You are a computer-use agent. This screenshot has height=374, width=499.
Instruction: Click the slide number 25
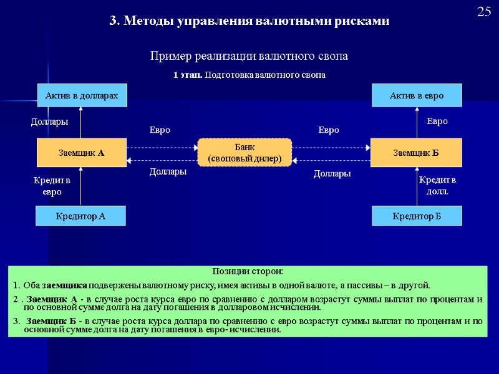coord(484,11)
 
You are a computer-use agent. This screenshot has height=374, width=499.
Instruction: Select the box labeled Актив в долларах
coord(82,95)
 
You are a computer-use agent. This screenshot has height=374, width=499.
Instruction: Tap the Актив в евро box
coord(417,95)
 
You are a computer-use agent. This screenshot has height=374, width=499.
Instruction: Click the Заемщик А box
coord(81,152)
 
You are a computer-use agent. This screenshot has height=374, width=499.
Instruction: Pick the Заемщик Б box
coord(416,152)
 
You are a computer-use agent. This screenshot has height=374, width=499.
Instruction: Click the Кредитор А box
coord(81,216)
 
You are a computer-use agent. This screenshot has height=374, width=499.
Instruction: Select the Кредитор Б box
coord(417,216)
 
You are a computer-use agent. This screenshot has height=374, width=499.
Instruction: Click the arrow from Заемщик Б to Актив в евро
coord(417,122)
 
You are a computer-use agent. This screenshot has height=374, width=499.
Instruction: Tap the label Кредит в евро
coord(52,186)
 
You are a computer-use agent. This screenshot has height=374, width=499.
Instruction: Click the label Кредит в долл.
coord(438,186)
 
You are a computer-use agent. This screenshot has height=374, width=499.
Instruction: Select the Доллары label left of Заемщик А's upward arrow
coord(50,122)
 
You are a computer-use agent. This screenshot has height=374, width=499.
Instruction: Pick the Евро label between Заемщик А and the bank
coord(160,130)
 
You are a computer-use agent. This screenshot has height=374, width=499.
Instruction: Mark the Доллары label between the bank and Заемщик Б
coord(332,175)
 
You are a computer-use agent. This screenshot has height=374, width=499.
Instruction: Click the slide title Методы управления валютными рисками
coord(249,21)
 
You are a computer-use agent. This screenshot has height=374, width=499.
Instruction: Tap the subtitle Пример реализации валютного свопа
coord(249,56)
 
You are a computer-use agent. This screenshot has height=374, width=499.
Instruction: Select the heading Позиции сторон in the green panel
coord(248,272)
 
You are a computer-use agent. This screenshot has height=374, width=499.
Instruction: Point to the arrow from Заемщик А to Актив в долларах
coord(82,122)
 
